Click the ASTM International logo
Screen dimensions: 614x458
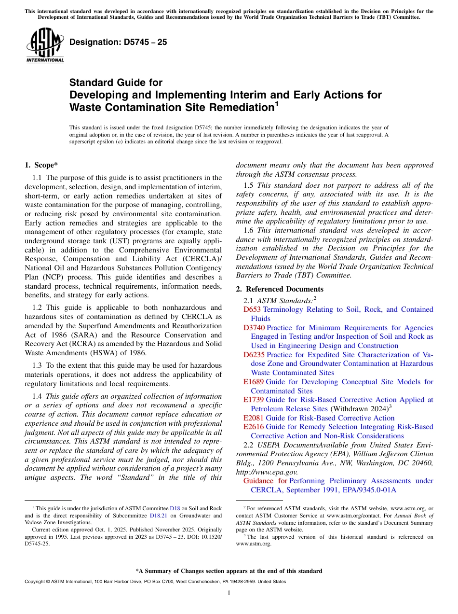pos(45,45)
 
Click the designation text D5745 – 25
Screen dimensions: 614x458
pos(118,42)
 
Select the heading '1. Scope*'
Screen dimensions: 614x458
pos(41,165)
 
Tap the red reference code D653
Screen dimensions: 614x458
pos(252,310)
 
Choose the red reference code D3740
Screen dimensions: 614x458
pos(254,328)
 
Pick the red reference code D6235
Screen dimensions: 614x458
pos(254,355)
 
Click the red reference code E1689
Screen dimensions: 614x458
pos(254,382)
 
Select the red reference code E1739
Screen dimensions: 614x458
pos(254,400)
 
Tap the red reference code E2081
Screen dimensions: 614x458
pos(254,418)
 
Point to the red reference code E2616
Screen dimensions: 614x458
pos(254,427)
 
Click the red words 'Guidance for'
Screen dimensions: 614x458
pos(265,481)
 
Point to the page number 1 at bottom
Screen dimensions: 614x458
pos(229,593)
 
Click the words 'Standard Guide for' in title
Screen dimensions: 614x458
pos(116,83)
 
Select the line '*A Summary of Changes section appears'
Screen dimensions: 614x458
pos(229,571)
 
